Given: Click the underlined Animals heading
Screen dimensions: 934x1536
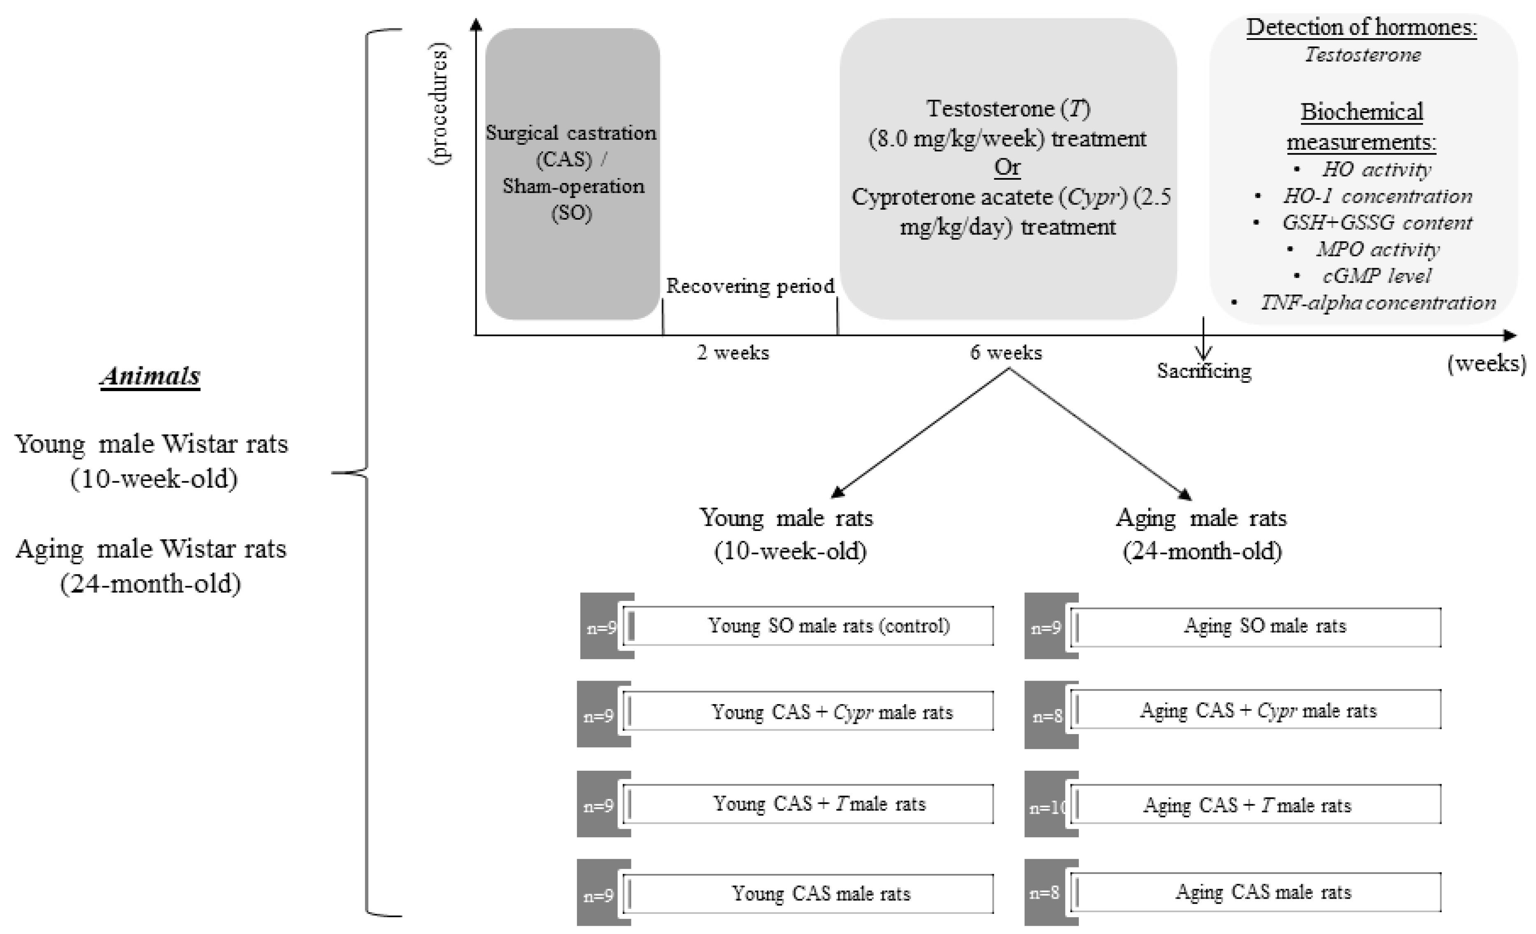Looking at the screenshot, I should pyautogui.click(x=150, y=376).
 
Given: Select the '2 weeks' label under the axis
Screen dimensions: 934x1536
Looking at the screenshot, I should pyautogui.click(x=733, y=352).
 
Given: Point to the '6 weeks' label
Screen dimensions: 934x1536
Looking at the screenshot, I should pyautogui.click(x=1005, y=352).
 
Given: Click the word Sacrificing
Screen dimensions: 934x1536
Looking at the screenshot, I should pyautogui.click(x=1204, y=371).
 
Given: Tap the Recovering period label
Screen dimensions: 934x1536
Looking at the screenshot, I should pyautogui.click(x=750, y=286).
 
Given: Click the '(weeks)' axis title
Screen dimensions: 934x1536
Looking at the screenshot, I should pyautogui.click(x=1486, y=363).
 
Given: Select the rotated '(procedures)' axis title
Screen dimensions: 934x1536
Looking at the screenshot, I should pyautogui.click(x=440, y=103).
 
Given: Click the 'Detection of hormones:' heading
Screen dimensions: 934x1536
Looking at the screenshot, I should pyautogui.click(x=1361, y=28).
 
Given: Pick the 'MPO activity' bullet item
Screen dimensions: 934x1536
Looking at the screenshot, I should pyautogui.click(x=1378, y=249).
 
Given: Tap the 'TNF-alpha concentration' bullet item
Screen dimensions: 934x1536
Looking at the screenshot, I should pyautogui.click(x=1378, y=303).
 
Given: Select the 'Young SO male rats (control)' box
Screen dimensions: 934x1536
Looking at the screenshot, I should pyautogui.click(x=808, y=626).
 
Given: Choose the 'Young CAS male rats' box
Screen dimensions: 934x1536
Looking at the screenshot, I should pyautogui.click(x=808, y=894).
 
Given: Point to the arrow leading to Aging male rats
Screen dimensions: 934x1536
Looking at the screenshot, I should pyautogui.click(x=1100, y=434).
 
